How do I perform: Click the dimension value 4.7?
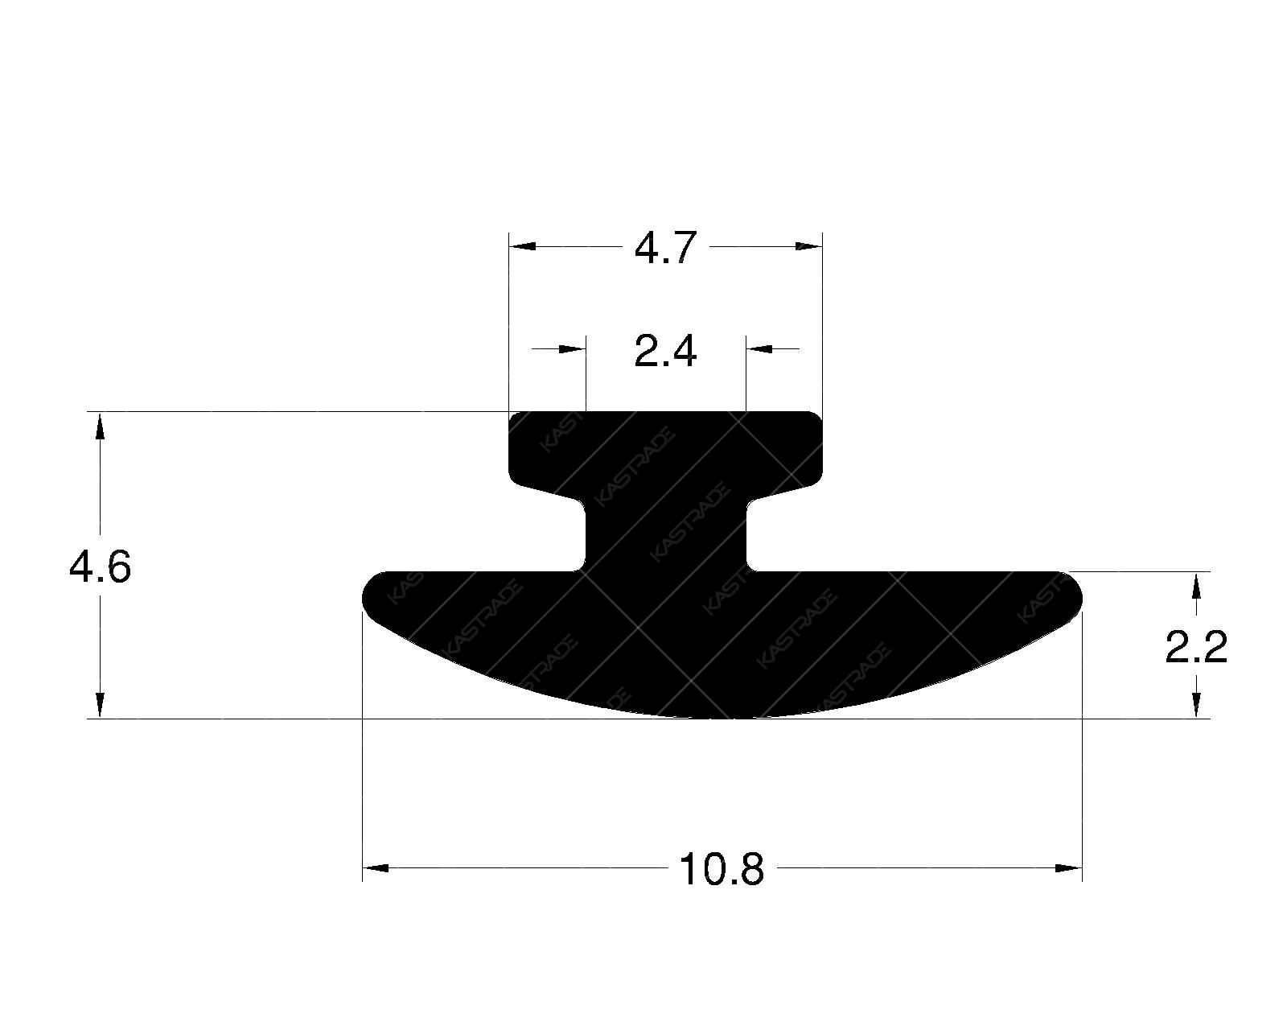(664, 249)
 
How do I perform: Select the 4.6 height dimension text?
(100, 569)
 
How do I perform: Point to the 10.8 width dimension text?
(721, 870)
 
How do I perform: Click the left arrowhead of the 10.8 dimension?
(376, 868)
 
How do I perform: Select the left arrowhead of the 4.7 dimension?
(523, 246)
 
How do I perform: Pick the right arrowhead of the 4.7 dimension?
(808, 246)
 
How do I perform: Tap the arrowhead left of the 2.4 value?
(572, 348)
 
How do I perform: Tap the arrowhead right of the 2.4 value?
(760, 348)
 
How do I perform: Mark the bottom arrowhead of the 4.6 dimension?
(100, 704)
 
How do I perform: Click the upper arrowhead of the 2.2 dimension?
(1197, 585)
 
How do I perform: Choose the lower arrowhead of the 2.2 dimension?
(1197, 705)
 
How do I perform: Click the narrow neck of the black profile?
(665, 535)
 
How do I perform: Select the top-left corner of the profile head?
(515, 417)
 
